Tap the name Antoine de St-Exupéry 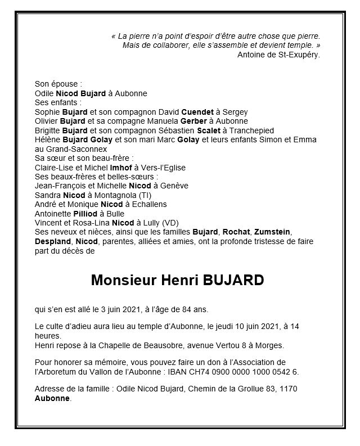point(279,55)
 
